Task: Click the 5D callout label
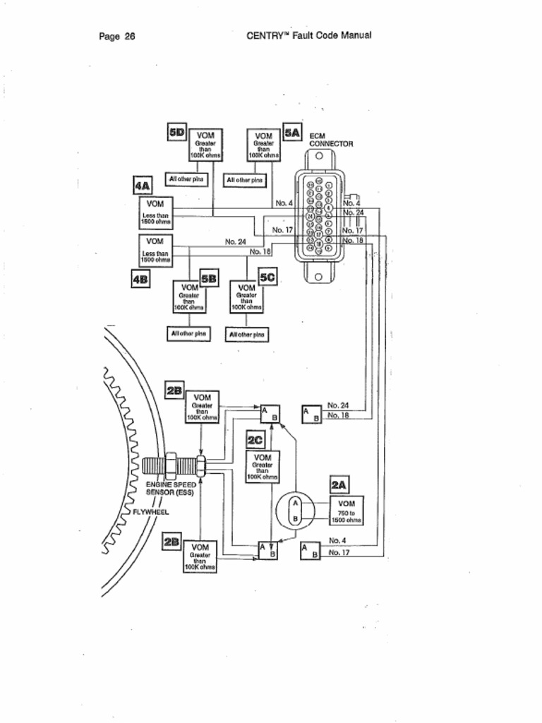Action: (x=176, y=132)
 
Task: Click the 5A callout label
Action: (x=292, y=132)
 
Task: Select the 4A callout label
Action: (x=143, y=186)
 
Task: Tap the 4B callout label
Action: (x=140, y=279)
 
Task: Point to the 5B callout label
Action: (x=209, y=278)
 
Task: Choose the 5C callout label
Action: (x=267, y=278)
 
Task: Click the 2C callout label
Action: (x=255, y=441)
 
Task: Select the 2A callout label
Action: (x=339, y=485)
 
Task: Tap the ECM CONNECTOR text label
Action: (x=331, y=139)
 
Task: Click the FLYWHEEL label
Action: (x=151, y=512)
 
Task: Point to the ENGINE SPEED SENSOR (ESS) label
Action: (x=171, y=489)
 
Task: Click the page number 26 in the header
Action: (x=129, y=36)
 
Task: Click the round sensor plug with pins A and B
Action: (x=296, y=510)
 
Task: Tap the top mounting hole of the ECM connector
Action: (x=318, y=156)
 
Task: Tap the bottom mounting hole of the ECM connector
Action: (x=318, y=276)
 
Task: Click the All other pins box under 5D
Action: (x=187, y=179)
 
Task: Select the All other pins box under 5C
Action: (x=247, y=334)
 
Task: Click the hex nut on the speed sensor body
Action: (x=171, y=465)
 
